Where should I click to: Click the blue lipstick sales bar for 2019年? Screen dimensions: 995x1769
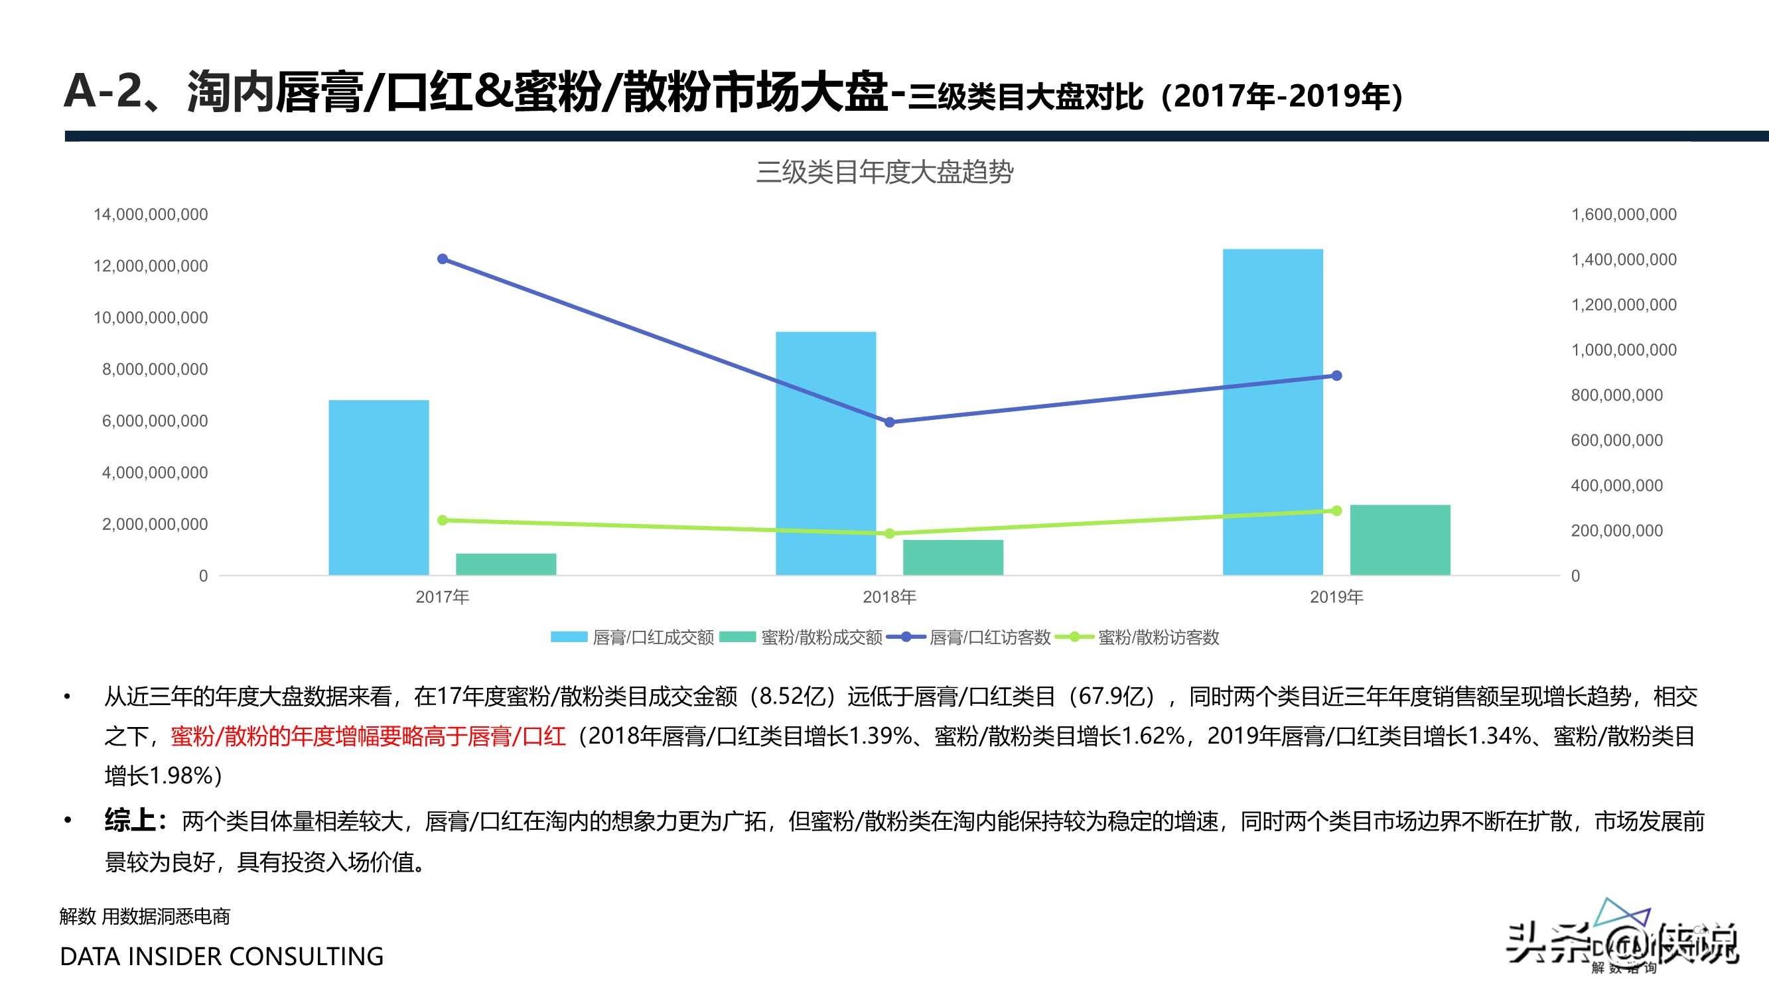pyautogui.click(x=1273, y=412)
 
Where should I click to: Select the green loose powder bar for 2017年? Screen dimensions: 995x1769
pyautogui.click(x=506, y=564)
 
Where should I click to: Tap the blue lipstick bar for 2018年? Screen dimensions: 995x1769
pyautogui.click(x=825, y=453)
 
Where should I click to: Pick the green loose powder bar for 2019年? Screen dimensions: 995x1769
pyautogui.click(x=1399, y=540)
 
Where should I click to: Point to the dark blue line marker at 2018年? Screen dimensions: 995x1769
pyautogui.click(x=889, y=423)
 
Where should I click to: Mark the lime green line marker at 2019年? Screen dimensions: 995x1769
pyautogui.click(x=1336, y=511)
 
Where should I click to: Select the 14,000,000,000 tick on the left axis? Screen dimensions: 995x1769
pyautogui.click(x=151, y=214)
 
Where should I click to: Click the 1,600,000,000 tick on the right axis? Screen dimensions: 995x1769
pyautogui.click(x=1624, y=214)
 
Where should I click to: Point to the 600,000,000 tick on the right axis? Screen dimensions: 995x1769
pyautogui.click(x=1616, y=440)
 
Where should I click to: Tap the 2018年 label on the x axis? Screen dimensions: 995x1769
pyautogui.click(x=889, y=597)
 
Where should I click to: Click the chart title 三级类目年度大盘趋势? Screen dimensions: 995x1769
pyautogui.click(x=884, y=172)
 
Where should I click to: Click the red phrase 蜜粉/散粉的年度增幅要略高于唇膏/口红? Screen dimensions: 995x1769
pyautogui.click(x=368, y=736)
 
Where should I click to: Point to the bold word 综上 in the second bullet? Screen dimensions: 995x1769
pyautogui.click(x=131, y=821)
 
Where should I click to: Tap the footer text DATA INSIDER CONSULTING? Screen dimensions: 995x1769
pyautogui.click(x=222, y=957)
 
